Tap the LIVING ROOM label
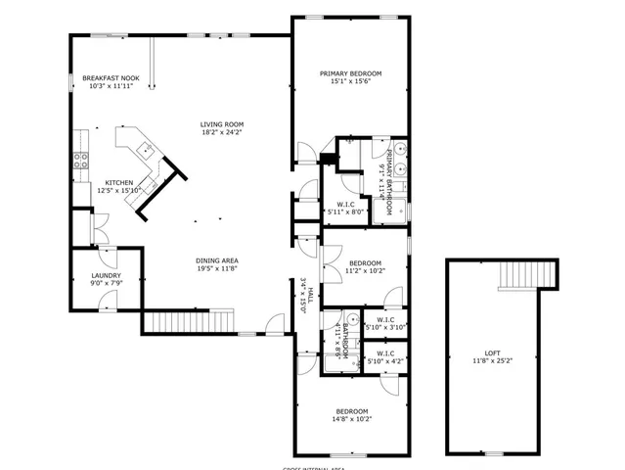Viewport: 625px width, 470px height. [222, 124]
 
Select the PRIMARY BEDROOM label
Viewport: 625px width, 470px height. [350, 73]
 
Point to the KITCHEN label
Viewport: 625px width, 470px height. [119, 183]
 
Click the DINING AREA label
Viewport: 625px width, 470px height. [217, 259]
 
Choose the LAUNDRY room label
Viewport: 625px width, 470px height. [107, 276]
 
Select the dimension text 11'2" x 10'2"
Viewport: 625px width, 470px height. [365, 271]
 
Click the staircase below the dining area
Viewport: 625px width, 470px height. [190, 321]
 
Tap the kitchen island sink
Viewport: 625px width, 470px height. [143, 150]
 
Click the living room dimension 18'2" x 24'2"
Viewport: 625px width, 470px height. [222, 132]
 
